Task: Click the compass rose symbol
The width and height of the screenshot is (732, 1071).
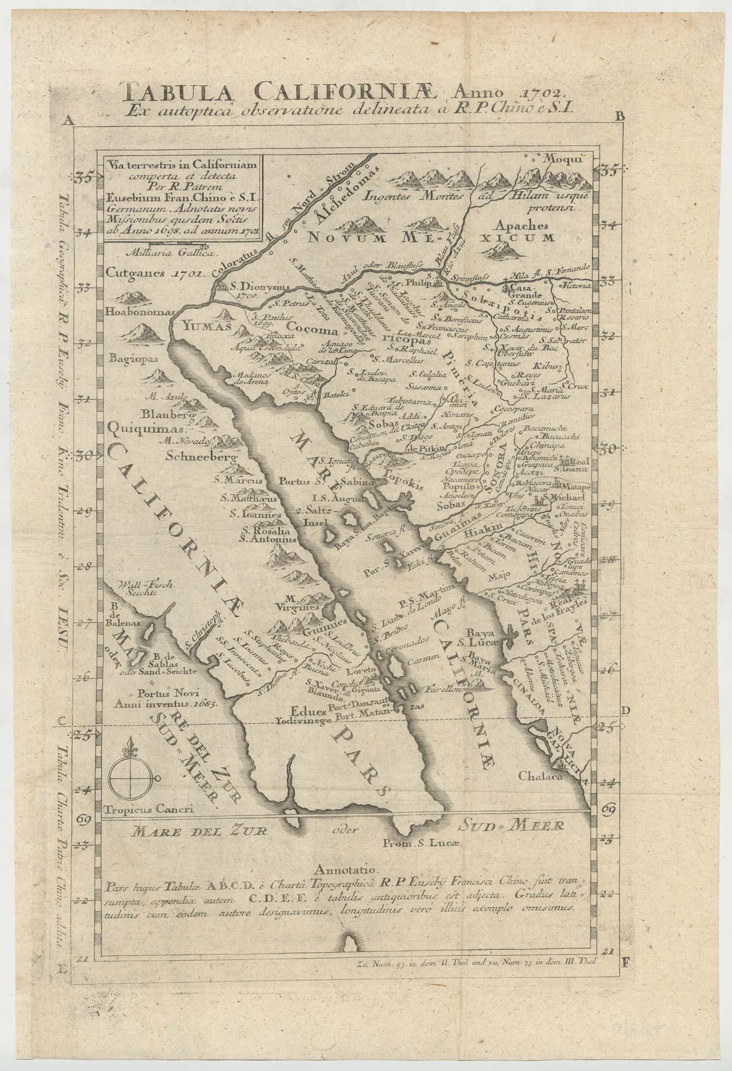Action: [132, 775]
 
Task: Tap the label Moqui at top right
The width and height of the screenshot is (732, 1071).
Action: [561, 159]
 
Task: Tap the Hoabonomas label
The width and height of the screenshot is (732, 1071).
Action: [133, 313]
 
